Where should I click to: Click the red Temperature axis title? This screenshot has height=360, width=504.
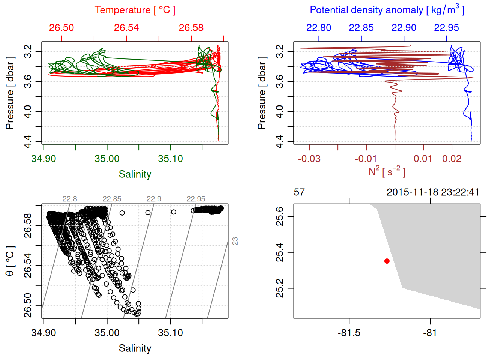coord(135,10)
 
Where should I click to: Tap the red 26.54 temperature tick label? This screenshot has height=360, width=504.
coord(126,28)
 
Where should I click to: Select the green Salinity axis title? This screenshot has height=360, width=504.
coord(135,174)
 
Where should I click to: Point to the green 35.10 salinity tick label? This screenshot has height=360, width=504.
coord(170,159)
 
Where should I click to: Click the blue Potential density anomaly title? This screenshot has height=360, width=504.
coord(387,10)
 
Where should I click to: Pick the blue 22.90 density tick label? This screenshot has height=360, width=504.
coord(403,28)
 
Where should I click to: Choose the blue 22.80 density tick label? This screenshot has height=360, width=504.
coord(319,28)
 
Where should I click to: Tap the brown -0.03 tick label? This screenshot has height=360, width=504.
coord(309,159)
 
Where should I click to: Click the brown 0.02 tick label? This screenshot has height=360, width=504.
coord(451,159)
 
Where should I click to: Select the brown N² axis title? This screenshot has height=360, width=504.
coord(387,171)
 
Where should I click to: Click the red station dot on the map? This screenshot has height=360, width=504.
coord(387,261)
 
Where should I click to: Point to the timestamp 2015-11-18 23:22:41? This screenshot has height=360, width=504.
coord(433,192)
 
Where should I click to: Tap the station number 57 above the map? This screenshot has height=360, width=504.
coord(299,192)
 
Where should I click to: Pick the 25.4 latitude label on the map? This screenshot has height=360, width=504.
coord(280,252)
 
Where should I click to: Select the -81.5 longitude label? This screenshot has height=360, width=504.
coord(349,333)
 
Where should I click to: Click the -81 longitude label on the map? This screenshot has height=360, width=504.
coord(430,333)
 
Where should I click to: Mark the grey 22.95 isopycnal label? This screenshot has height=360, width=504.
coord(196,199)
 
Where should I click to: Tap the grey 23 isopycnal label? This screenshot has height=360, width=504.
coord(235,241)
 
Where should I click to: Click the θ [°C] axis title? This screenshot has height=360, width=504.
coord(10,261)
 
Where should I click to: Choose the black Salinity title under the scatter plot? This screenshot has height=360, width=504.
coord(135,348)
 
